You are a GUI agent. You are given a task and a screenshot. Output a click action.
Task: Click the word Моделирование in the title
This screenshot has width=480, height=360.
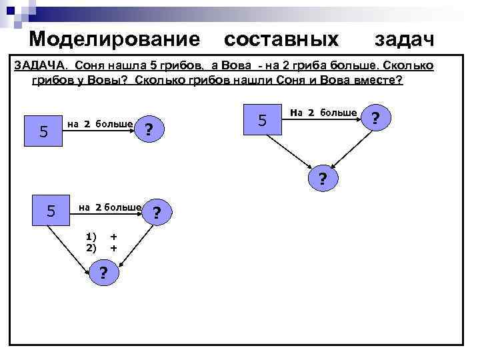[x=114, y=39]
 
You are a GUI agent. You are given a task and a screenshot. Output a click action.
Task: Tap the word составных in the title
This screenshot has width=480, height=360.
[x=281, y=39]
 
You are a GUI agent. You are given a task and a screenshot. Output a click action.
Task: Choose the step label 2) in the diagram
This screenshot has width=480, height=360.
[x=91, y=247]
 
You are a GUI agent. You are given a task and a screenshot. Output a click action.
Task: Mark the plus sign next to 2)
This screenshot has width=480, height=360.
[x=114, y=247]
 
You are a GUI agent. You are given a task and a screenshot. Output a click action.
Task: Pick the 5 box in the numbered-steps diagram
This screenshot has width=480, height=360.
[x=50, y=212]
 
